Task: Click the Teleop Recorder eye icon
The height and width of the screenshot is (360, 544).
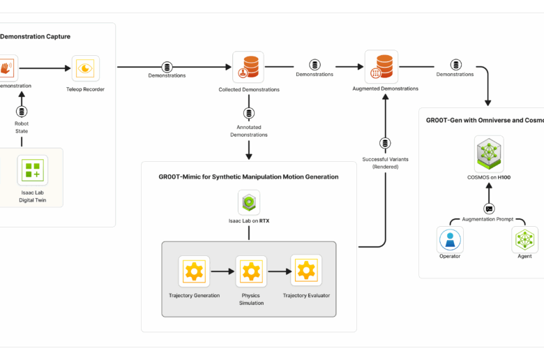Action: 86,68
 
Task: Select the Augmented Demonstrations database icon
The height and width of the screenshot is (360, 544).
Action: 381,67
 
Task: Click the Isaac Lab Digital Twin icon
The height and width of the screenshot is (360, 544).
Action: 33,171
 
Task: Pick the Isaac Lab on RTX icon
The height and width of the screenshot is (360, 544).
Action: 248,203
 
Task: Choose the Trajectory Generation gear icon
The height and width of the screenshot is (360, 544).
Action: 194,271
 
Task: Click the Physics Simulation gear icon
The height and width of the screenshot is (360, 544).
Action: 251,271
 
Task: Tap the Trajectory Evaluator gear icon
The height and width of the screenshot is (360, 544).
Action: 305,271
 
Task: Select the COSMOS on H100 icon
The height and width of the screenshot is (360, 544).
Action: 489,153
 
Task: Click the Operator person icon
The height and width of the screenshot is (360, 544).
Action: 450,239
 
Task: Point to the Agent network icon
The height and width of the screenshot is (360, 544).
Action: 524,239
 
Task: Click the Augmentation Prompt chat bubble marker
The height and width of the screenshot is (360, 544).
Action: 489,208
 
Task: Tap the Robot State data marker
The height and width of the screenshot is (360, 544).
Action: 22,112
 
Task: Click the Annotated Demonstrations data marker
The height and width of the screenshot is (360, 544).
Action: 248,113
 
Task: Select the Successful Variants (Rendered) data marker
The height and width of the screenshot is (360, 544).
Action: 385,144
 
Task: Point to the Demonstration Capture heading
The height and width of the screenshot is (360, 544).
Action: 35,36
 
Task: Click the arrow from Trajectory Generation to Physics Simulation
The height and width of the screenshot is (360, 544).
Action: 222,271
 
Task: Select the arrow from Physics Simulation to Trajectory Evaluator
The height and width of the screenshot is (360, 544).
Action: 279,271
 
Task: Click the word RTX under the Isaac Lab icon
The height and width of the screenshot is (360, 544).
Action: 265,222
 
